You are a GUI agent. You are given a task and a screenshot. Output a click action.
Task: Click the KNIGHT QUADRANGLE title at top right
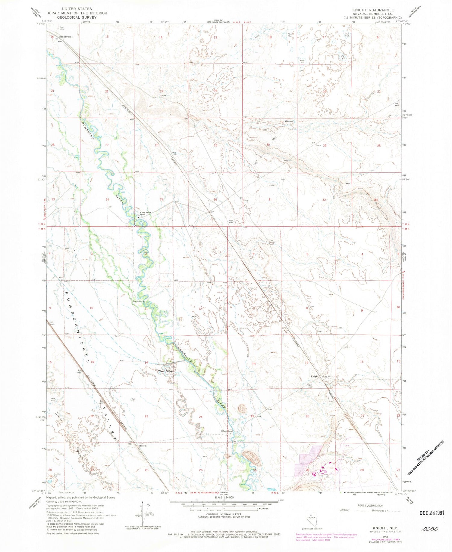coord(373,10)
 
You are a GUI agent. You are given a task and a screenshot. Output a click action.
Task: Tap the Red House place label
coord(65,37)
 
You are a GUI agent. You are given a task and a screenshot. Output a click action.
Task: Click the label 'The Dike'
coord(166,371)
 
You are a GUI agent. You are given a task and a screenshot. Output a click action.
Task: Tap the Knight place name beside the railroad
coord(315,376)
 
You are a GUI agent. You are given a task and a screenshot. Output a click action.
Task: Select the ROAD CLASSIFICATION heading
coord(370,506)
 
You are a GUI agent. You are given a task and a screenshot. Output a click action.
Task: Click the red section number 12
coord(200,309)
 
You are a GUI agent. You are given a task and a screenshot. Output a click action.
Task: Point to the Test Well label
coord(53,399)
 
